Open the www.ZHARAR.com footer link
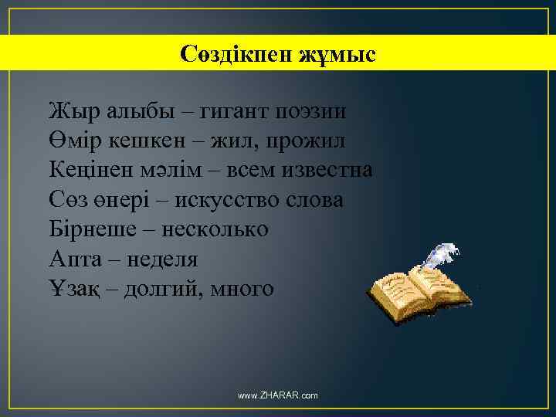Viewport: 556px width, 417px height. click(x=278, y=395)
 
